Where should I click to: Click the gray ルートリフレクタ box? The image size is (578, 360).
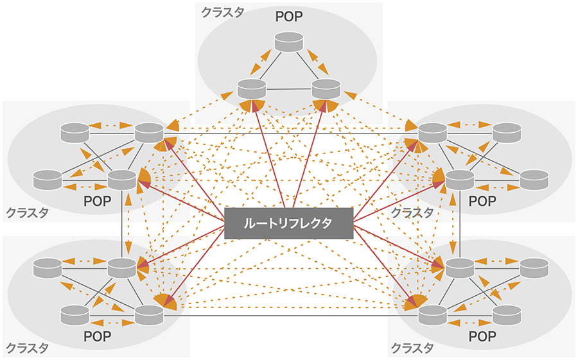(x=288, y=223)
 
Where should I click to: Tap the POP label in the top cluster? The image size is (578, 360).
(x=288, y=16)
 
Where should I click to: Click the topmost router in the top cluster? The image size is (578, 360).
(x=288, y=43)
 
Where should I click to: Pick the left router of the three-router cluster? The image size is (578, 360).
(x=251, y=89)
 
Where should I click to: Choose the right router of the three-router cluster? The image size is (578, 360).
(x=325, y=89)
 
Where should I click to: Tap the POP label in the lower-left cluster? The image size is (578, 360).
(x=98, y=336)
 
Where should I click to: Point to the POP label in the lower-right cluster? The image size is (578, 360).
(x=482, y=336)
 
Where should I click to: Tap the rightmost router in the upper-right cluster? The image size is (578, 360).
(x=534, y=180)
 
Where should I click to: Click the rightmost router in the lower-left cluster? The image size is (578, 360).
(x=149, y=314)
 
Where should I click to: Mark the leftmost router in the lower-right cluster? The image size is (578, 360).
(x=432, y=314)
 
